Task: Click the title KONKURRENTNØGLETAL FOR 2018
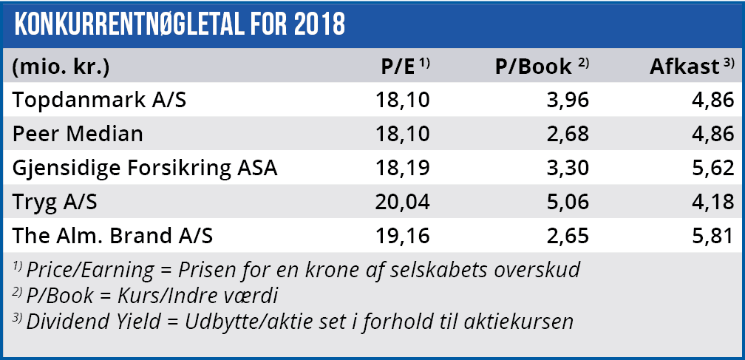point(180,24)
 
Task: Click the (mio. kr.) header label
point(61,67)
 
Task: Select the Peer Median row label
point(78,134)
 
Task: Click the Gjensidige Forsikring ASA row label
point(145,168)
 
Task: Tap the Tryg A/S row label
point(57,202)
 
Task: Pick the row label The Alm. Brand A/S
point(113,236)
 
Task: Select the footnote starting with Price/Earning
point(296,270)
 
